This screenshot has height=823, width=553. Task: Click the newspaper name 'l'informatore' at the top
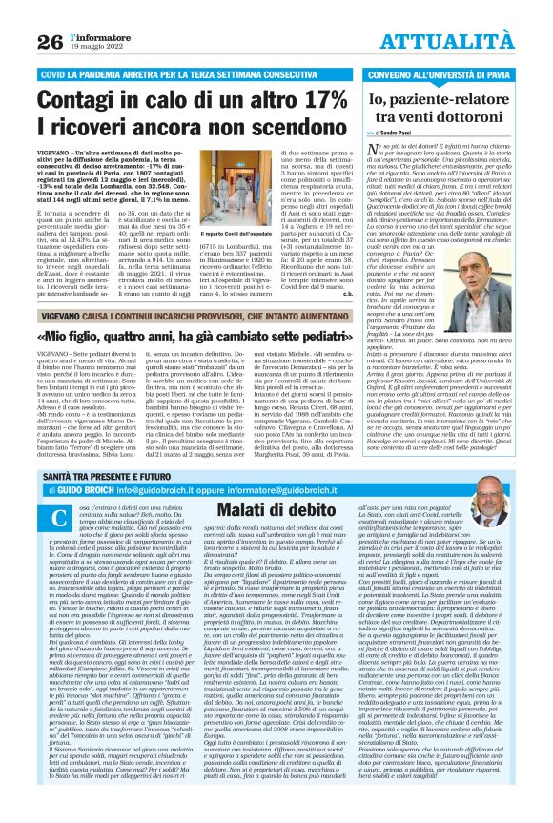point(96,34)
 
